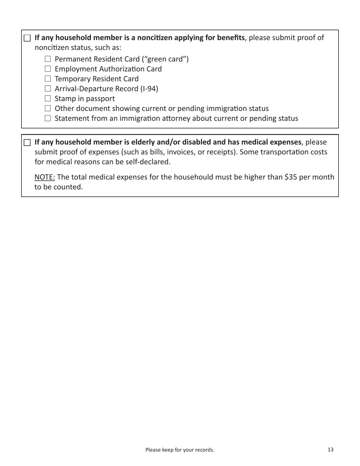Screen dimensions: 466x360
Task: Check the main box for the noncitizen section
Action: (x=27, y=38)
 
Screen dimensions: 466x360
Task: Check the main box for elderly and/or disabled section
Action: (x=27, y=142)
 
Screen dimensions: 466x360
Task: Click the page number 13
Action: (x=330, y=450)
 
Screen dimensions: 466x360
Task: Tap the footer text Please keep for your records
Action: (x=180, y=450)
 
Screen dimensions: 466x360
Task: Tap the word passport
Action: (x=99, y=99)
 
